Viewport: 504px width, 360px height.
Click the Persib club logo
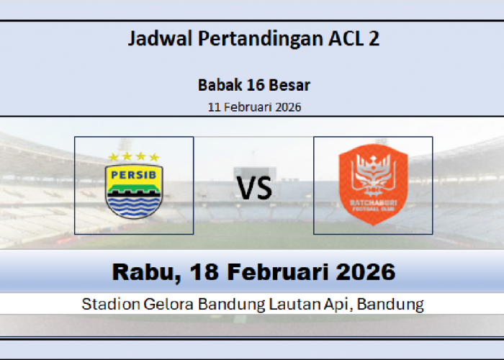(x=135, y=185)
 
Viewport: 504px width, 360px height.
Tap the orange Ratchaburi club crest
(x=373, y=185)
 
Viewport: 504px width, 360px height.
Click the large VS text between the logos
(x=255, y=190)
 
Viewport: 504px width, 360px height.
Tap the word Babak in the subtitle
(x=217, y=85)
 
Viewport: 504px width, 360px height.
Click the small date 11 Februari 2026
(x=254, y=107)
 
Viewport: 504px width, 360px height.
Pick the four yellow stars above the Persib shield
(x=134, y=156)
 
